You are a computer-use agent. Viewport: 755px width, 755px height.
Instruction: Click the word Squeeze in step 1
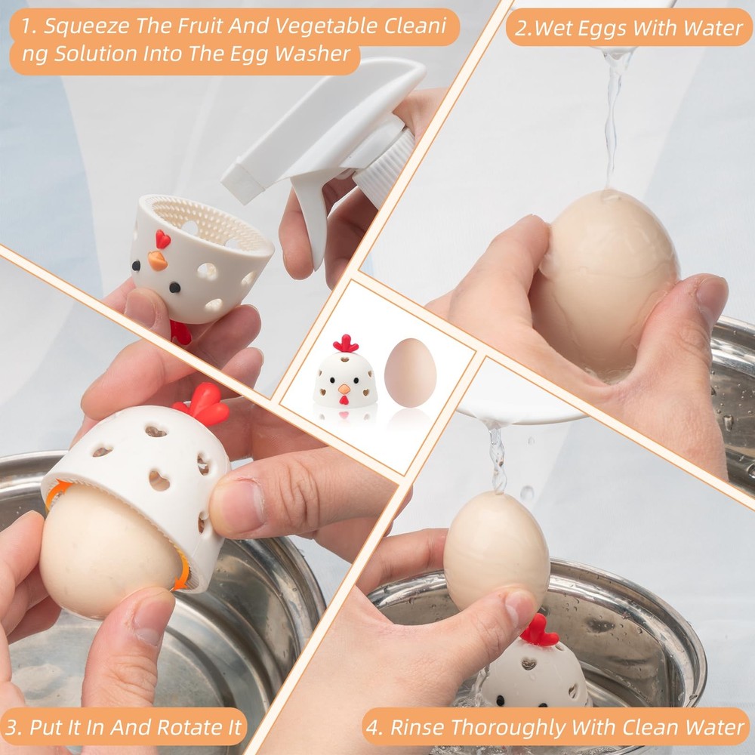(x=80, y=27)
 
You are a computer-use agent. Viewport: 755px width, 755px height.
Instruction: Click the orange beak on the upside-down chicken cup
(x=157, y=261)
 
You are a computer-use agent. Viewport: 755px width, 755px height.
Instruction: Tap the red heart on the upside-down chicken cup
(x=162, y=239)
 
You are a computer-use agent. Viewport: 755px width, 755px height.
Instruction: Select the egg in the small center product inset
(x=410, y=373)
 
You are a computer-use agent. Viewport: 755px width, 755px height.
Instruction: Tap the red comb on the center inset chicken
(x=346, y=344)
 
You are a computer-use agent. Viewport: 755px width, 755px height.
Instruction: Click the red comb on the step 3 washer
(x=202, y=404)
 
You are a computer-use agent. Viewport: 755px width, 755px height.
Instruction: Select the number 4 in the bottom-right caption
(x=374, y=727)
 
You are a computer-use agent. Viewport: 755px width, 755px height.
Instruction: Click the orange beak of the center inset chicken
(x=344, y=390)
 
